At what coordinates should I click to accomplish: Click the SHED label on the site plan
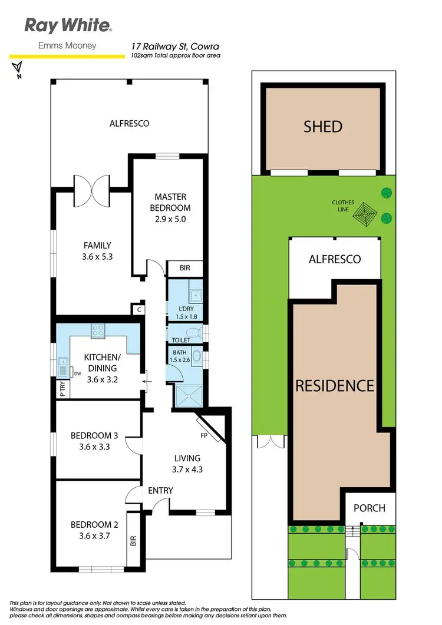(323, 126)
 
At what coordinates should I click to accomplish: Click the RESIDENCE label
(334, 386)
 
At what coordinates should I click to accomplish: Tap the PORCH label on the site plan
(369, 508)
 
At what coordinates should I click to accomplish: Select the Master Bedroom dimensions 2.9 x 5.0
(170, 219)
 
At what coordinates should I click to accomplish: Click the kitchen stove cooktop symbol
(98, 331)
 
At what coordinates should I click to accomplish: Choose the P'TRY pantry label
(62, 390)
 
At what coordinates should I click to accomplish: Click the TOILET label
(180, 340)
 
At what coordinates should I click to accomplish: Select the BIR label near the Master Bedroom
(184, 269)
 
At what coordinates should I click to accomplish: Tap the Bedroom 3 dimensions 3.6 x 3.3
(94, 447)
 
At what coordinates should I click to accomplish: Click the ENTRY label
(160, 490)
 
